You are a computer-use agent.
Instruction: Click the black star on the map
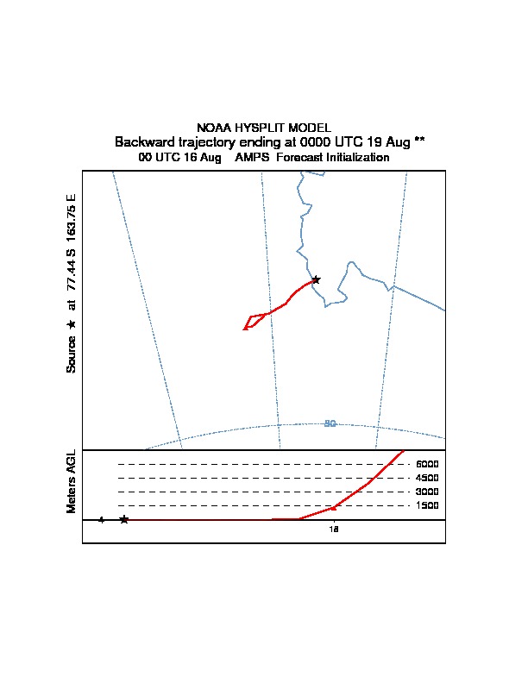tap(316, 279)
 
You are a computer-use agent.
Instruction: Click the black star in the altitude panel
tap(124, 519)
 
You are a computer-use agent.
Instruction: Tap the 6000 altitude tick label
tap(427, 464)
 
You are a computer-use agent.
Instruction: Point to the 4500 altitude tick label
tap(427, 478)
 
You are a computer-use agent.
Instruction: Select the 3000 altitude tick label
tap(427, 492)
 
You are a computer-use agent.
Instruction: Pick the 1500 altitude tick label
tap(427, 505)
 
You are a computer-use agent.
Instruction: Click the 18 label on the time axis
tap(334, 529)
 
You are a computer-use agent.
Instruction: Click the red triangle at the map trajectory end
tap(246, 327)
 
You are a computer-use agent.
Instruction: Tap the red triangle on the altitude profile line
tap(334, 507)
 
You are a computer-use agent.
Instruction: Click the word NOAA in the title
tap(214, 128)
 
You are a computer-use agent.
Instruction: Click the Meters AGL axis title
tap(72, 481)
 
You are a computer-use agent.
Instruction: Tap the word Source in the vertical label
tap(72, 354)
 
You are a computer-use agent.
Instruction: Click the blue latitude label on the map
tap(330, 423)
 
